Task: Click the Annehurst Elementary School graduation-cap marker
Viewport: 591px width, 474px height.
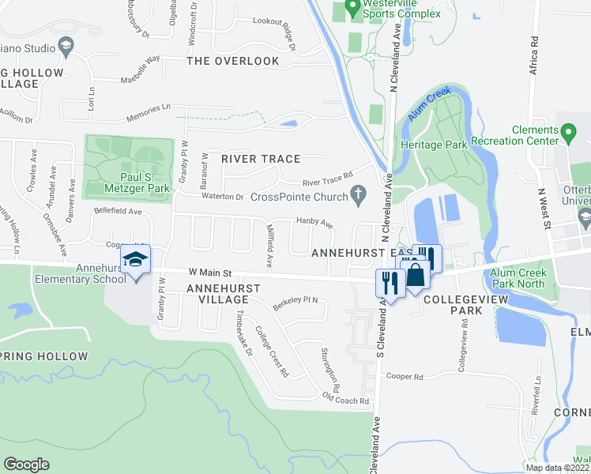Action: click(135, 260)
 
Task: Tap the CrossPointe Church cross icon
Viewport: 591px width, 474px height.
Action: click(358, 193)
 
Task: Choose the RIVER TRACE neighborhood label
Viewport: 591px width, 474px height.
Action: click(261, 159)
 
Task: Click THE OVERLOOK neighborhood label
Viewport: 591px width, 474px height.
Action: click(232, 61)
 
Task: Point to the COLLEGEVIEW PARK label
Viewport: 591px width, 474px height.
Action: click(453, 306)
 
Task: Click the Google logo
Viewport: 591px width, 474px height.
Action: click(26, 465)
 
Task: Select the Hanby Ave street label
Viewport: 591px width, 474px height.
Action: click(314, 223)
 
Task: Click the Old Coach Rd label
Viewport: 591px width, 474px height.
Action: click(345, 401)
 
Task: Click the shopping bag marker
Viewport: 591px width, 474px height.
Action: click(416, 276)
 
